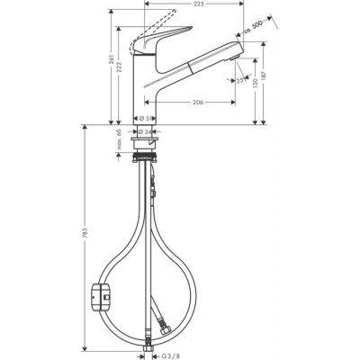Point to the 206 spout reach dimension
pos(196,102)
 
